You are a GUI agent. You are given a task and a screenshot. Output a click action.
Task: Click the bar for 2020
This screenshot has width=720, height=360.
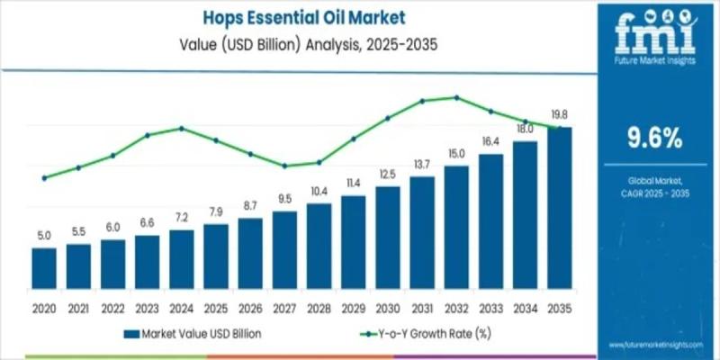pyautogui.click(x=44, y=266)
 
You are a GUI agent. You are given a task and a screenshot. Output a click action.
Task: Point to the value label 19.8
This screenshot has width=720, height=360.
pyautogui.click(x=560, y=114)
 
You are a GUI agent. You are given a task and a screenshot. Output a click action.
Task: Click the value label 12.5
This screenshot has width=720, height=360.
pyautogui.click(x=388, y=174)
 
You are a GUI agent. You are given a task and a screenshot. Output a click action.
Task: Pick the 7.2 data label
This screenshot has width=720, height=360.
pyautogui.click(x=181, y=217)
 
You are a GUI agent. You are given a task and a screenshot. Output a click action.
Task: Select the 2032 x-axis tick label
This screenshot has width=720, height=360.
pyautogui.click(x=456, y=308)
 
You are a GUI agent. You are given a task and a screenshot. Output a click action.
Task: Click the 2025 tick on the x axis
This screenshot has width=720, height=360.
pyautogui.click(x=216, y=308)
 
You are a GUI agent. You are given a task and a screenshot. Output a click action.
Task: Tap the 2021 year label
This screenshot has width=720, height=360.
pyautogui.click(x=78, y=308)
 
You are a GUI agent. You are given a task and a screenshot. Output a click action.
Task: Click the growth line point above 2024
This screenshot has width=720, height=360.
pyautogui.click(x=182, y=128)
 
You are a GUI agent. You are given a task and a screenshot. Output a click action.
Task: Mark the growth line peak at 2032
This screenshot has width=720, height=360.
pyautogui.click(x=457, y=97)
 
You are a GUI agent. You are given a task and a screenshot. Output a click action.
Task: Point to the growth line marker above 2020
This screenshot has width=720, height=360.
pyautogui.click(x=44, y=178)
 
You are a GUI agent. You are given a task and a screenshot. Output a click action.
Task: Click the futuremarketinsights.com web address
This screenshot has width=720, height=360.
pyautogui.click(x=654, y=345)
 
